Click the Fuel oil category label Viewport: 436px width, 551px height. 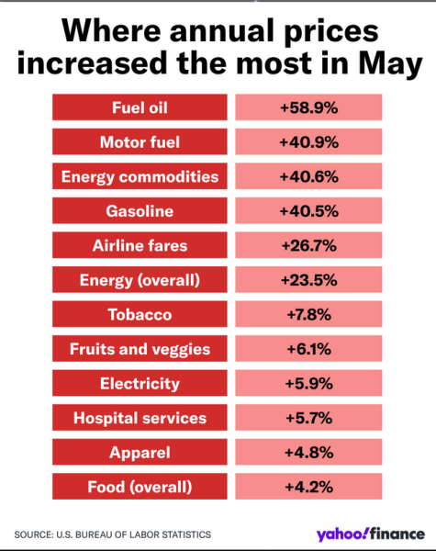pyautogui.click(x=140, y=107)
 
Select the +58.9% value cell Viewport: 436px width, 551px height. pyautogui.click(x=308, y=107)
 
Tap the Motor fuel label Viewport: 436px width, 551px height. pyautogui.click(x=140, y=141)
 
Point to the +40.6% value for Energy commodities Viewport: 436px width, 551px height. pyautogui.click(x=308, y=176)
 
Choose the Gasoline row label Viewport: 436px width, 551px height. pyautogui.click(x=140, y=210)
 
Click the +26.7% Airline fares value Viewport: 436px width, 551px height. pyautogui.click(x=308, y=245)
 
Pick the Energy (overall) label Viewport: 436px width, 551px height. pyautogui.click(x=140, y=279)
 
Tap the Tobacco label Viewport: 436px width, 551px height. pyautogui.click(x=140, y=314)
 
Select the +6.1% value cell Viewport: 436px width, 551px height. pyautogui.click(x=308, y=349)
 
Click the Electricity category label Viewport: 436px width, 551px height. pyautogui.click(x=140, y=383)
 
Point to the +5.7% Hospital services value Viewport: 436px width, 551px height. pyautogui.click(x=308, y=418)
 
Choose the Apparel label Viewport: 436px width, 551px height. pyautogui.click(x=140, y=452)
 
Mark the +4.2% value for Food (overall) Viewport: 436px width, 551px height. pyautogui.click(x=308, y=487)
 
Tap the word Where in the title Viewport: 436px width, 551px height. pyautogui.click(x=111, y=30)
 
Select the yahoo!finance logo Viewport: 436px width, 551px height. pyautogui.click(x=370, y=534)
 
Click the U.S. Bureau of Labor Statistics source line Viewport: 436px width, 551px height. pyautogui.click(x=112, y=534)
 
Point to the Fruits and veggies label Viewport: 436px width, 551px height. pyautogui.click(x=140, y=349)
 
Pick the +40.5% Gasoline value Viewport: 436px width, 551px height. pyautogui.click(x=308, y=210)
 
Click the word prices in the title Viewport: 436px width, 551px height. pyautogui.click(x=331, y=32)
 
